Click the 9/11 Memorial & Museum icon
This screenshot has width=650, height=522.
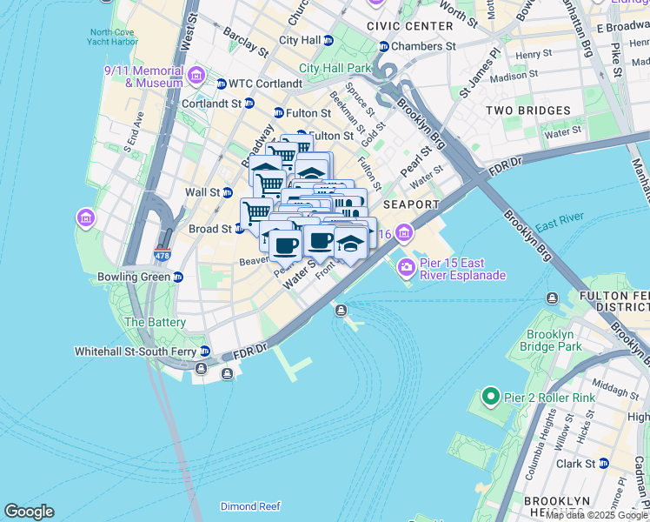click(196, 76)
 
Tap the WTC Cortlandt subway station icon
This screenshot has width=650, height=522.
click(221, 84)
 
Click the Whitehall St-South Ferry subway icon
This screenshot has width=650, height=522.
click(205, 351)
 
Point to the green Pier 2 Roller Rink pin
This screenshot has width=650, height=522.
click(490, 398)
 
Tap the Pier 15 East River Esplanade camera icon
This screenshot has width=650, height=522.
click(405, 268)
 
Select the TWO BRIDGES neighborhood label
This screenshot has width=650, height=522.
click(527, 110)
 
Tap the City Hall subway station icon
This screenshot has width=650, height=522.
click(331, 40)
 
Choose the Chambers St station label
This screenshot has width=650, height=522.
click(423, 46)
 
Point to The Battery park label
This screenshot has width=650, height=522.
click(155, 322)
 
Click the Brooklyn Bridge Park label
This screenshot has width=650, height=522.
click(550, 340)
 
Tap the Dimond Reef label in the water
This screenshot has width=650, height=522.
click(250, 505)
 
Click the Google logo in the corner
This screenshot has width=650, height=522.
click(29, 512)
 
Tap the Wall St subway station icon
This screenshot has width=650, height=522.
click(228, 192)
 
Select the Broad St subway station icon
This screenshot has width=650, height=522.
click(238, 229)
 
